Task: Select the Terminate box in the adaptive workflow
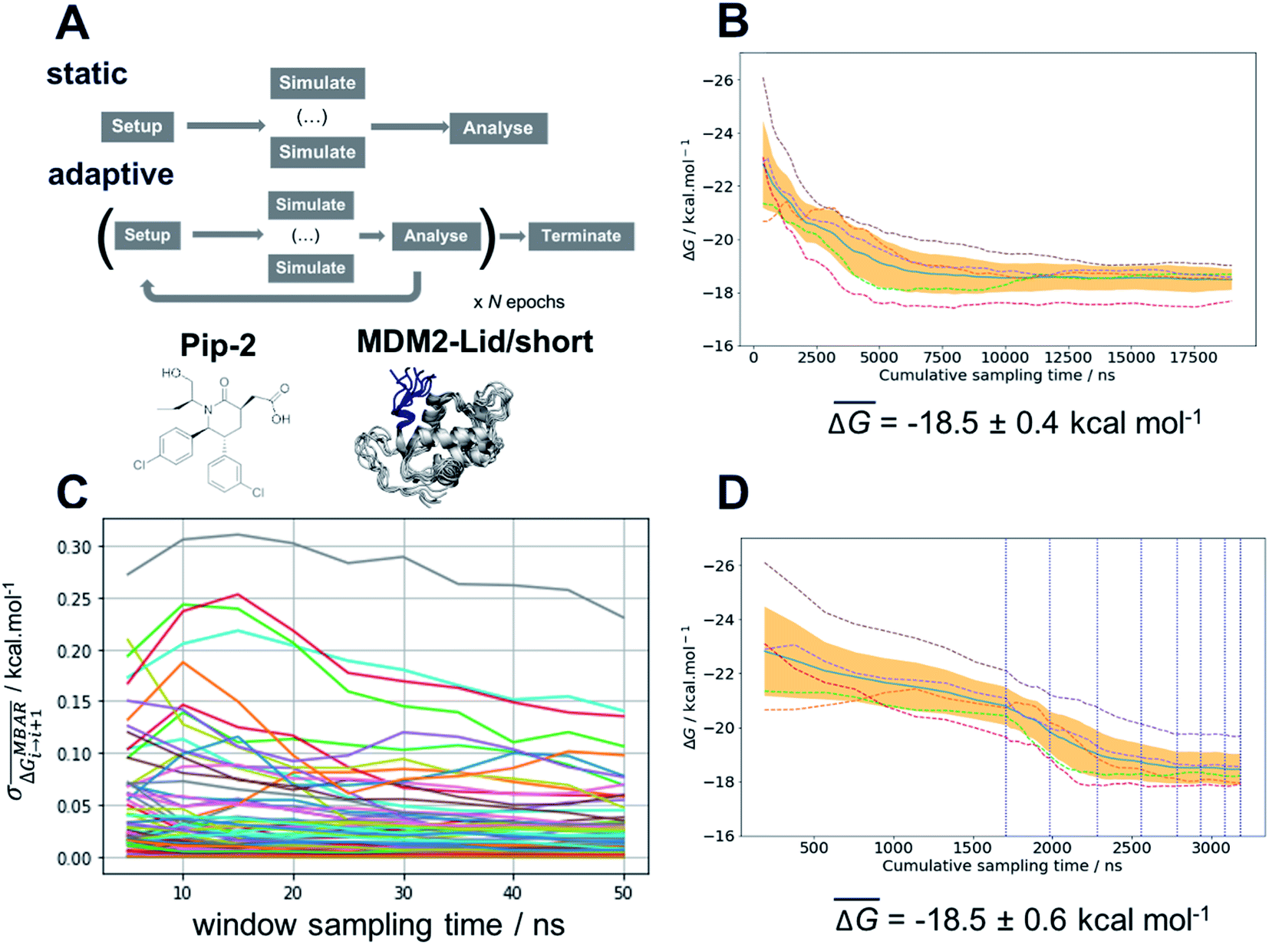[582, 236]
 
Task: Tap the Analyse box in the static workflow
[499, 128]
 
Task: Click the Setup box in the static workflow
[137, 127]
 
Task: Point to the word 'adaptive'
[111, 174]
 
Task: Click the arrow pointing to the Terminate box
[513, 236]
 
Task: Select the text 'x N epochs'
[519, 301]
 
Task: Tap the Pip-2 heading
[218, 345]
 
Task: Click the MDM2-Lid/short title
[475, 341]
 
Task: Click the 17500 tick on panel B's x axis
[1192, 357]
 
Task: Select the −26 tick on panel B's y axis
[717, 80]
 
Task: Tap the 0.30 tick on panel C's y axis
[74, 548]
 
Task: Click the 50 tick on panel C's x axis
[623, 892]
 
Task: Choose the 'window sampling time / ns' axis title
[379, 924]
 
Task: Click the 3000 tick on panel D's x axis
[1211, 847]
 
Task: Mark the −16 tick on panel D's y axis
[719, 836]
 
